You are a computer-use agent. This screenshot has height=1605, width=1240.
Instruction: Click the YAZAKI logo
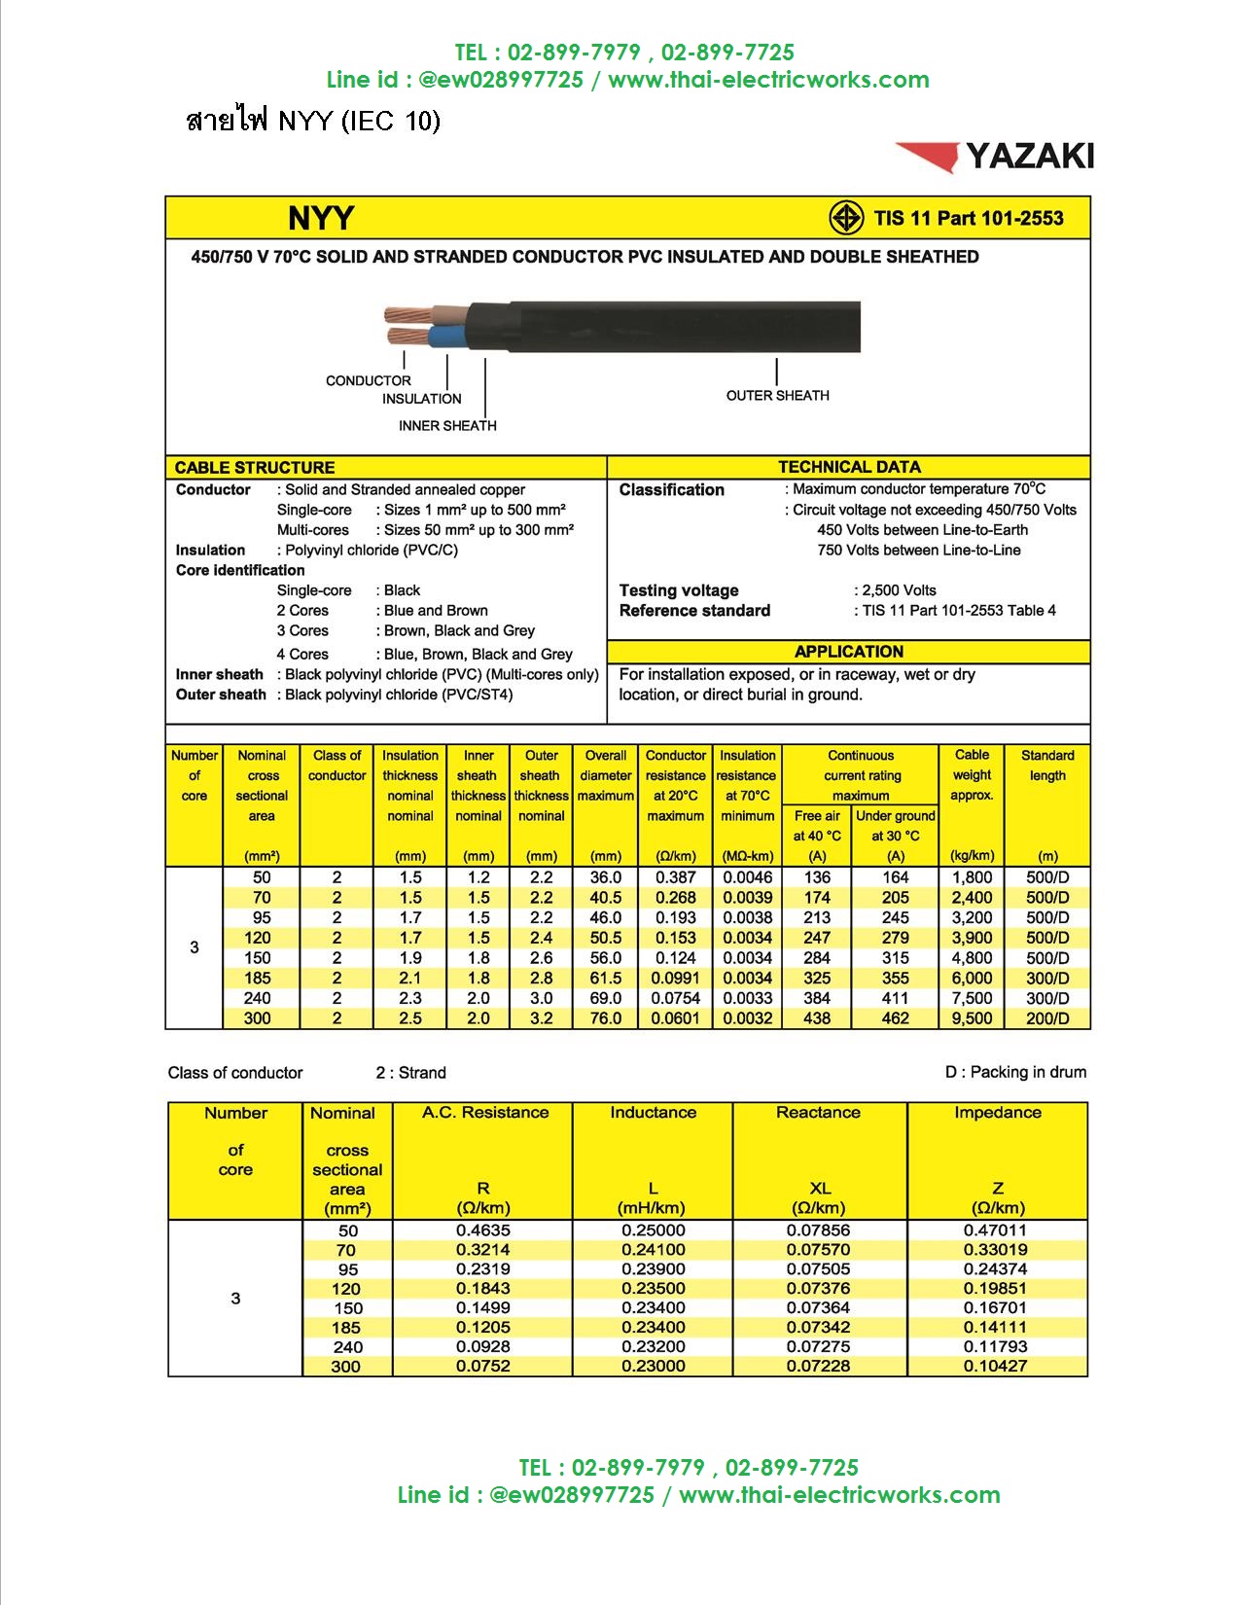click(995, 157)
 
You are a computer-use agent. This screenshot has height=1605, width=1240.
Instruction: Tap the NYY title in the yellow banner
click(321, 218)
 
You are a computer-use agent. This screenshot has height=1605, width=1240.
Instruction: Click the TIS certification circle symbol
click(846, 218)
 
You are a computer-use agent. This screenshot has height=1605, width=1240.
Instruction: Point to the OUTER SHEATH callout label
click(777, 396)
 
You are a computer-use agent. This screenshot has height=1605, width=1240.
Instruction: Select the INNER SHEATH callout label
click(447, 426)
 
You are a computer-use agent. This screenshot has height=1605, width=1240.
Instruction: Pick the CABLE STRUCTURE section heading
click(255, 468)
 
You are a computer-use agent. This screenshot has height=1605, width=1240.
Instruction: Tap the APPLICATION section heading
click(848, 652)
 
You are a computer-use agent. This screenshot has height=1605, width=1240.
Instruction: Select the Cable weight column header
click(972, 775)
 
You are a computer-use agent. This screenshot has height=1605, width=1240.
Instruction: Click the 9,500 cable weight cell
click(972, 1018)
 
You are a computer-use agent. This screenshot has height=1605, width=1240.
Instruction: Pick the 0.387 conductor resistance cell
click(675, 877)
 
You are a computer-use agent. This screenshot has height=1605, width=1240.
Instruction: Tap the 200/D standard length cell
click(1047, 1018)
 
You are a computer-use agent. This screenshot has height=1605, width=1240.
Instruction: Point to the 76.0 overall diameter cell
click(605, 1018)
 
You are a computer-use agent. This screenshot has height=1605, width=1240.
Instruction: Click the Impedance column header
click(997, 1113)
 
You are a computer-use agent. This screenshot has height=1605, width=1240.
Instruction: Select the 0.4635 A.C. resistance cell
click(483, 1230)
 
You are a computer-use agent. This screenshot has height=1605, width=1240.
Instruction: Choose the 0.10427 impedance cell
click(996, 1366)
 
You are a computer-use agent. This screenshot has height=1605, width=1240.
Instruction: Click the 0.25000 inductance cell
click(653, 1230)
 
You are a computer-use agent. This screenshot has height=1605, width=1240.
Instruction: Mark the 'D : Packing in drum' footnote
click(1015, 1072)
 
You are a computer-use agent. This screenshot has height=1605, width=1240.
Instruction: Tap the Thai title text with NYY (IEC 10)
click(312, 122)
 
